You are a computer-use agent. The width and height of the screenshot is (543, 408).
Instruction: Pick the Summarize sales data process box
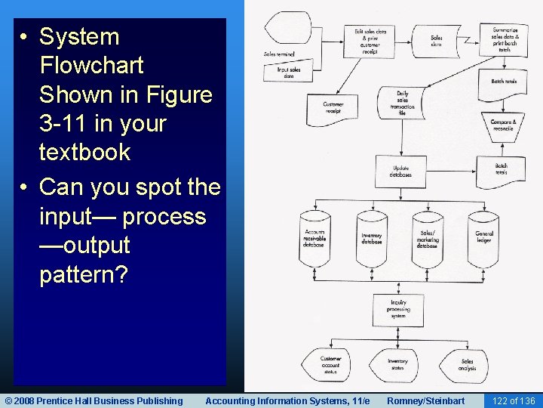[x=505, y=35]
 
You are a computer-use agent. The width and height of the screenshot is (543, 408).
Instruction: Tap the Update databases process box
[x=402, y=172]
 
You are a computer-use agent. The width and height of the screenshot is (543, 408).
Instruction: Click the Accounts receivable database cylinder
[x=314, y=240]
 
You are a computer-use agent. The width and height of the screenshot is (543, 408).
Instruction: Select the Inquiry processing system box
[x=398, y=308]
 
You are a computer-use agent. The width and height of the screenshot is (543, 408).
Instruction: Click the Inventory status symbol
[x=397, y=363]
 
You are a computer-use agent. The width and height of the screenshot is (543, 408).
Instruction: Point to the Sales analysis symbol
[x=466, y=364]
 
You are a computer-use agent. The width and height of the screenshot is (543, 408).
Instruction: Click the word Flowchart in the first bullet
[x=91, y=65]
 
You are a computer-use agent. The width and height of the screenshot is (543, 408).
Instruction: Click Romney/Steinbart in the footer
[x=425, y=400]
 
